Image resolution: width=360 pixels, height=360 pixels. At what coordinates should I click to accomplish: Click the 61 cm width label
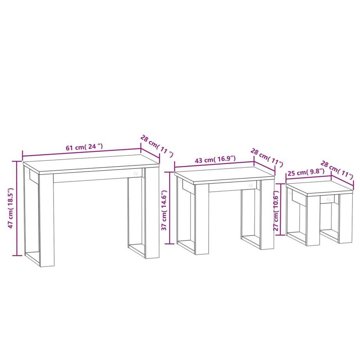tap(84, 148)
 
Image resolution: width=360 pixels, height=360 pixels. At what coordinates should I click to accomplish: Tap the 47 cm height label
tap(11, 208)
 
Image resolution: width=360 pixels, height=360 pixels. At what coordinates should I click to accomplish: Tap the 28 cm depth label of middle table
tap(266, 157)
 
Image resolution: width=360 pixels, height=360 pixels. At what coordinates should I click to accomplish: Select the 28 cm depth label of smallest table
tap(337, 169)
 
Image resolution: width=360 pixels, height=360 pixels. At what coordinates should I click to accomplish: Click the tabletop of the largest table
tap(90, 162)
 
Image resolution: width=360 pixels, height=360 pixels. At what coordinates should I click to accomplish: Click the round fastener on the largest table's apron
tap(135, 173)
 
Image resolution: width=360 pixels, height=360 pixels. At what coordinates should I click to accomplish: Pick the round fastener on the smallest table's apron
tap(328, 199)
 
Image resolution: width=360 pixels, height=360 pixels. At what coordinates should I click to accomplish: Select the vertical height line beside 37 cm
tap(169, 207)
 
